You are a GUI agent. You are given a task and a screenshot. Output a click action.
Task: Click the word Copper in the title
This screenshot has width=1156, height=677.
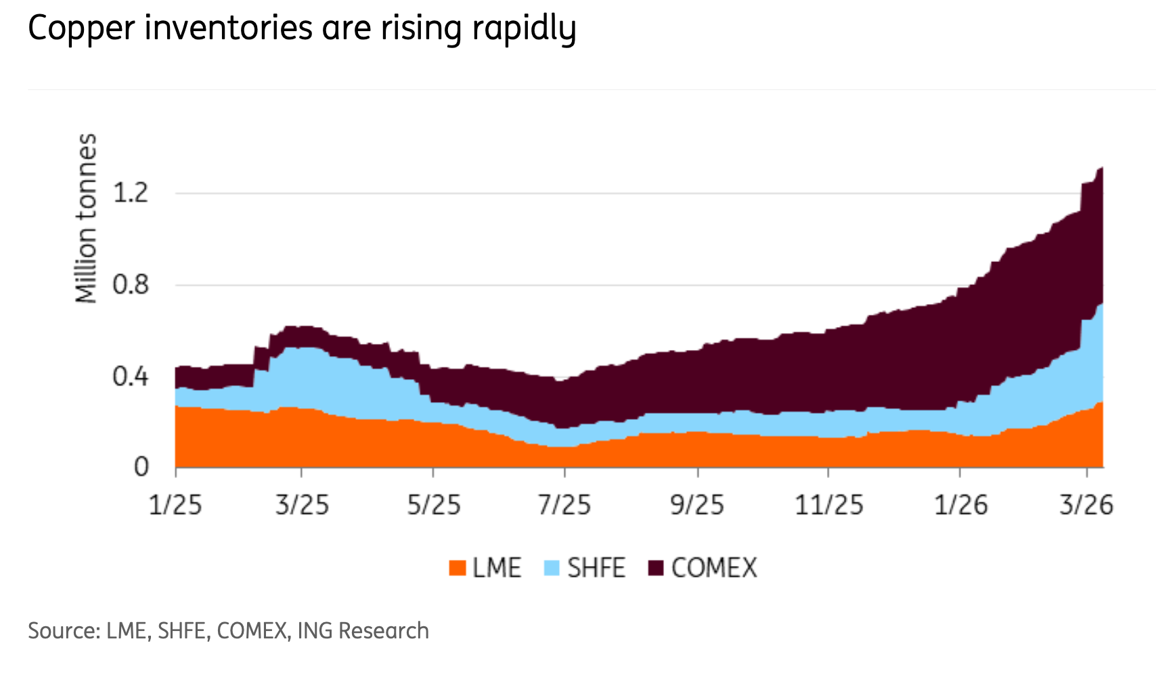click(81, 30)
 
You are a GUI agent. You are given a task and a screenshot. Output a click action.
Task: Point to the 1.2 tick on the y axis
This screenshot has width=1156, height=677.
click(130, 194)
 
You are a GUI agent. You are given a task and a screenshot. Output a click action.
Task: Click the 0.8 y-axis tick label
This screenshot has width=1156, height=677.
click(130, 285)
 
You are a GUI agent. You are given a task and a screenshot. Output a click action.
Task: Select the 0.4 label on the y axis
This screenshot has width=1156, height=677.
click(130, 376)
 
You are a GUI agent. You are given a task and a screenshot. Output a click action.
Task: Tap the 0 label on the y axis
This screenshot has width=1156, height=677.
click(141, 467)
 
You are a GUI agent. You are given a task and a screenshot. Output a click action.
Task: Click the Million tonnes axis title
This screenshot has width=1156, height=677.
click(87, 218)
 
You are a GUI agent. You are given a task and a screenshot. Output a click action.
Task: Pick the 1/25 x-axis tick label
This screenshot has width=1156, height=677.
click(175, 505)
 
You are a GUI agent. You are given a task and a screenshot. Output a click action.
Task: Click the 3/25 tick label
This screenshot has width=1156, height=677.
click(302, 505)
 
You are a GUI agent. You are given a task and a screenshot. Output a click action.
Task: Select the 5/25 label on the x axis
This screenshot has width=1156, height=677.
click(433, 505)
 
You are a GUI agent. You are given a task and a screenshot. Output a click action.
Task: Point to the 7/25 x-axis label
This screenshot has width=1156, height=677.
click(564, 505)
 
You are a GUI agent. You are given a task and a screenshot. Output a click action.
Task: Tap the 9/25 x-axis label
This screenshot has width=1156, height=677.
click(697, 505)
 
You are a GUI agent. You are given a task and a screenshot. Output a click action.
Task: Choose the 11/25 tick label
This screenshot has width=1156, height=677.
click(829, 505)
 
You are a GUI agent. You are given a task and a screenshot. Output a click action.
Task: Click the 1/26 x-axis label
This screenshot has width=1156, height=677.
click(960, 505)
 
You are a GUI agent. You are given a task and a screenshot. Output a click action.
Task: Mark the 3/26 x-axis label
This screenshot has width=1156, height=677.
click(1086, 505)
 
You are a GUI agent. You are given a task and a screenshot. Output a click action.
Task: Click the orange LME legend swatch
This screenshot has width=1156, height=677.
click(458, 568)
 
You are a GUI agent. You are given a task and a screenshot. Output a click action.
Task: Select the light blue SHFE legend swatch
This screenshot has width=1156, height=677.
click(552, 568)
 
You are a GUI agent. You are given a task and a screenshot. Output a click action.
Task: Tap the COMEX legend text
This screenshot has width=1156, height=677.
click(714, 568)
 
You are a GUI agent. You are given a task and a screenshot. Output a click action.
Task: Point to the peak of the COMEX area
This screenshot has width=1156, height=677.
click(1101, 169)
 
